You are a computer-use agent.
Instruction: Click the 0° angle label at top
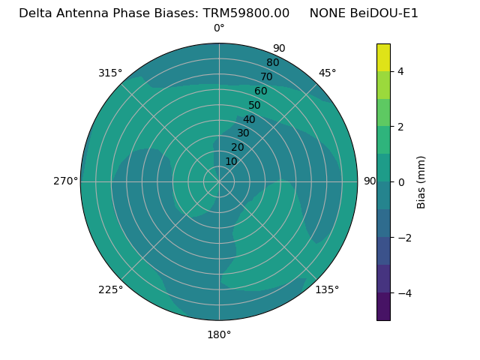219,28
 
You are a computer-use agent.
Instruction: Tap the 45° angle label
327,73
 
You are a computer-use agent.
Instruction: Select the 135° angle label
327,289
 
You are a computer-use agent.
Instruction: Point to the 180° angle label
219,334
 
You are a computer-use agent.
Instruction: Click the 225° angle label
110,289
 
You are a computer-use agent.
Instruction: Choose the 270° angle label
66,181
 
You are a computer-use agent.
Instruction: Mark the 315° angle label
110,73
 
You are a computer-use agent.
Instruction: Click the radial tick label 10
231,161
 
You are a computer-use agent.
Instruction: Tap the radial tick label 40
249,119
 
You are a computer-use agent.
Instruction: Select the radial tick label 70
266,76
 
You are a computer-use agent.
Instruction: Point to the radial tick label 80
272,63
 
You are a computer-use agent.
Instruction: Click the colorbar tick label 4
400,71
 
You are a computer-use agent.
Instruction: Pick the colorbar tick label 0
400,182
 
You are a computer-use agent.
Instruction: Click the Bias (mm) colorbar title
421,182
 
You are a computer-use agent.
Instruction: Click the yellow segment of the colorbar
383,57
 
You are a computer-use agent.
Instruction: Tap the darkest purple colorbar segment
383,307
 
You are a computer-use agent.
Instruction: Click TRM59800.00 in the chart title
246,13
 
